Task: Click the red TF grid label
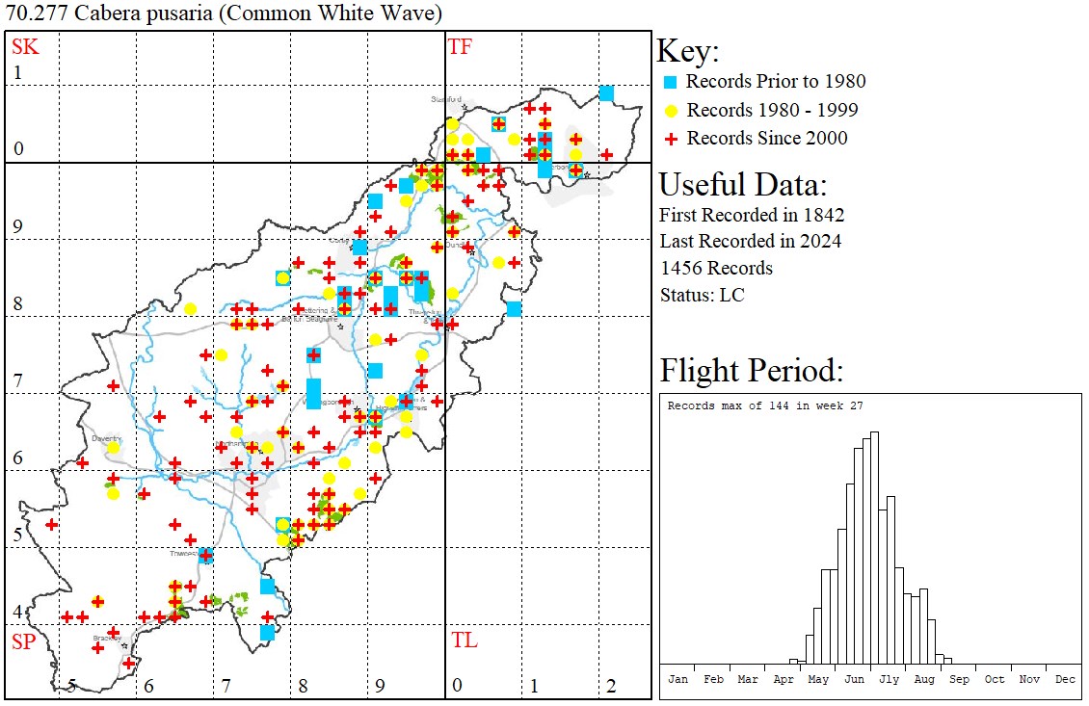460,46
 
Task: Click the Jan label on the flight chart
678,679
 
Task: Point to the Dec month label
1065,679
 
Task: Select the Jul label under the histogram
889,679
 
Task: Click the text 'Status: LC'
702,295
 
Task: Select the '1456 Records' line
715,268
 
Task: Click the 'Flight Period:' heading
751,371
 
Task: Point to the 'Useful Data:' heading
742,184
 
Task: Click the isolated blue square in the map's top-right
606,92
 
